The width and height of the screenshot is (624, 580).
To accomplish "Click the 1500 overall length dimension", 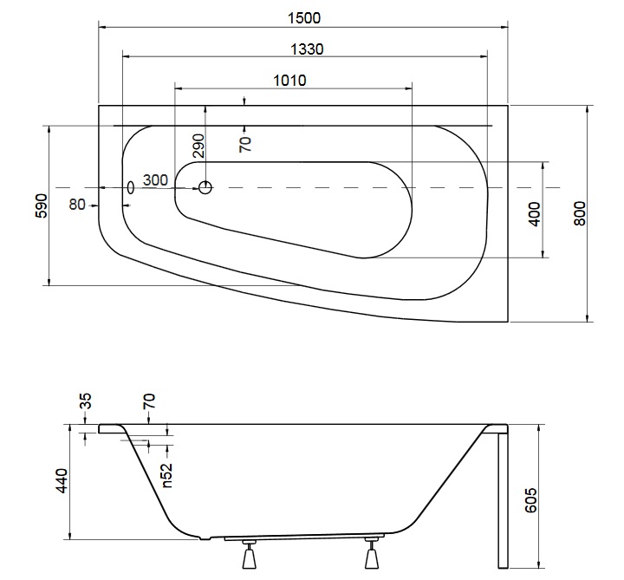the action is [x=303, y=18].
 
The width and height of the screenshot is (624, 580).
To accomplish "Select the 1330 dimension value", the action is [x=307, y=49].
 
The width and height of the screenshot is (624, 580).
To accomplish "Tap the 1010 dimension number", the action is [x=289, y=81].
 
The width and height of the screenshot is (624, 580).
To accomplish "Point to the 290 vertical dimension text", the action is [x=198, y=146].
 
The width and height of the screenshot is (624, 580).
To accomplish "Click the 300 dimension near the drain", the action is [x=155, y=180].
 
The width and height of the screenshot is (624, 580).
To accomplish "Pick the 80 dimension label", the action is [x=77, y=205].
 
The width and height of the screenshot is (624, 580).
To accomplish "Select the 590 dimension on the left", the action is [x=42, y=205].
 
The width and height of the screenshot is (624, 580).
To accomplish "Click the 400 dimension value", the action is [x=535, y=214].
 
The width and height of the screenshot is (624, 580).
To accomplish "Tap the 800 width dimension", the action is [x=580, y=214].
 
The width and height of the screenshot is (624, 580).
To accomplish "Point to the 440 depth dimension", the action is [x=62, y=481].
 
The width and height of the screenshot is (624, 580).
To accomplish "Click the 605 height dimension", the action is [x=531, y=500].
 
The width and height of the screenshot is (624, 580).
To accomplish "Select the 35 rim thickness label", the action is [x=86, y=401].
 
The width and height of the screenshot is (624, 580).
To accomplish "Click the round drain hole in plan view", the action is [x=205, y=187].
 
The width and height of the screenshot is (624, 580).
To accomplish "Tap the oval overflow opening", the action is [x=131, y=187].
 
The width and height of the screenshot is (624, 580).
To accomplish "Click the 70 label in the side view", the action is [x=149, y=401].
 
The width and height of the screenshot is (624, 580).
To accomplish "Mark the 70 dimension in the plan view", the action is [x=245, y=144].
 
